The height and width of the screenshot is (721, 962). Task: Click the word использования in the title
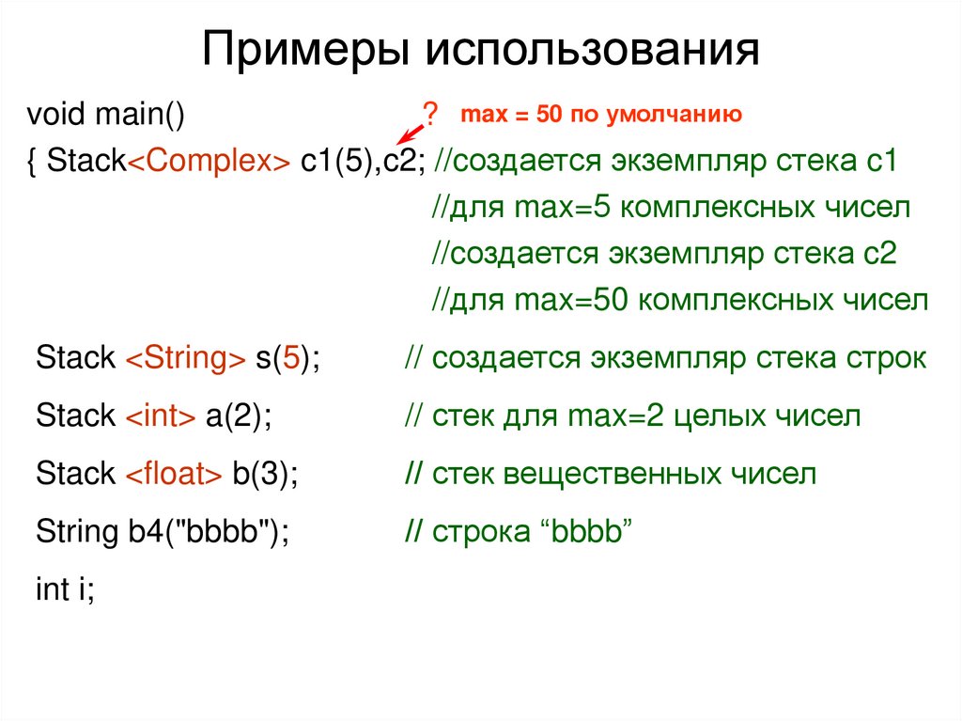592,51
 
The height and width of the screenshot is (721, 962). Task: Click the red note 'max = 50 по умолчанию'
601,116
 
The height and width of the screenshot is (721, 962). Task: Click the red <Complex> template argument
209,161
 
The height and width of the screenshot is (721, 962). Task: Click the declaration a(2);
239,416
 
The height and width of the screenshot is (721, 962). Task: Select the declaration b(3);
265,474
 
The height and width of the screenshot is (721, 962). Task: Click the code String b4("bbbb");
162,532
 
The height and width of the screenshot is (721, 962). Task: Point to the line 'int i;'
65,590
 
